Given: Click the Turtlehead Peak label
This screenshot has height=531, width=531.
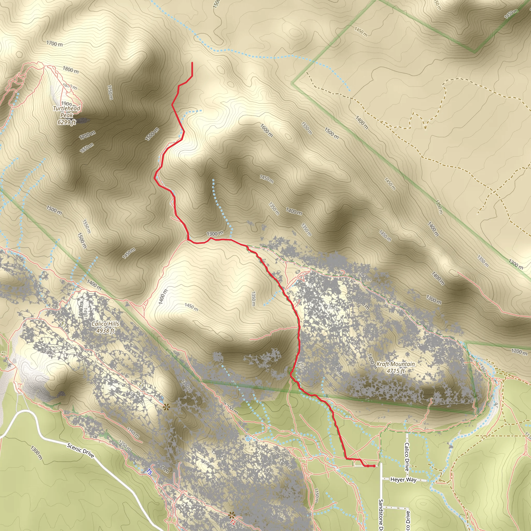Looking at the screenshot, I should [67, 111].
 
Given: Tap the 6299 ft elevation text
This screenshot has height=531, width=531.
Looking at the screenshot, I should [67, 122].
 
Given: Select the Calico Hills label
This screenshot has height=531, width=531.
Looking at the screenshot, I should [105, 324].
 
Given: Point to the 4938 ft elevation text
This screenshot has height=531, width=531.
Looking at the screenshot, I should [105, 331].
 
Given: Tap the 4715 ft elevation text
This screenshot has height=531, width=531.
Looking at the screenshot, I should [395, 371].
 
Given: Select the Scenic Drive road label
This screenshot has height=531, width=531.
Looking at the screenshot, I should [81, 450].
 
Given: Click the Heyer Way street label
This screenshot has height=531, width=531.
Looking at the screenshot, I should [403, 480].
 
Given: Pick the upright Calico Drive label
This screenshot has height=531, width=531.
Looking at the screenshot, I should [407, 457].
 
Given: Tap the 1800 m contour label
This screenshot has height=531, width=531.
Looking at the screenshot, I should [71, 70].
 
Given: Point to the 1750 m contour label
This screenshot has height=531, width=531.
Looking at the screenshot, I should [110, 92].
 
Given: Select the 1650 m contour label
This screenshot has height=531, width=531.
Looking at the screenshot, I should [87, 148].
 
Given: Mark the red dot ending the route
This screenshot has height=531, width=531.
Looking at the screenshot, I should [374, 466].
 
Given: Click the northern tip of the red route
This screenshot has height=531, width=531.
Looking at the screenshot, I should [192, 63].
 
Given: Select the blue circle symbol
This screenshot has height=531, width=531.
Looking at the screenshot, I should [248, 439].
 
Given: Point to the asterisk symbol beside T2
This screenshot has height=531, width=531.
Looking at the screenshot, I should [232, 514].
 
